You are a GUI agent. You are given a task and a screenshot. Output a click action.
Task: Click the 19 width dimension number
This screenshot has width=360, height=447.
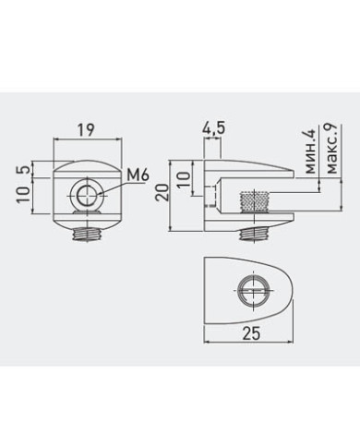(85, 130)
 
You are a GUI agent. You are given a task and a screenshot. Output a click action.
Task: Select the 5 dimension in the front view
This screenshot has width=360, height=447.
(25, 169)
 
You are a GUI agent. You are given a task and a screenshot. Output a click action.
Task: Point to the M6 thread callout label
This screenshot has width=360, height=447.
(138, 175)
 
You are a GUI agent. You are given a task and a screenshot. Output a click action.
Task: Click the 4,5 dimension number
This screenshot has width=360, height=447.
(213, 128)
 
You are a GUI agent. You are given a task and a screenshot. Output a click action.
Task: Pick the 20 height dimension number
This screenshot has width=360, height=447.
(162, 192)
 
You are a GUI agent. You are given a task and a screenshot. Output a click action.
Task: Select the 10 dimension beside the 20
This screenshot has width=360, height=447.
(185, 179)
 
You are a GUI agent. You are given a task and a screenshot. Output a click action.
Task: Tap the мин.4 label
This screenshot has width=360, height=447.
(309, 151)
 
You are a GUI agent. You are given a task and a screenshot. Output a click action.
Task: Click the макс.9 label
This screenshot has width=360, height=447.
(332, 149)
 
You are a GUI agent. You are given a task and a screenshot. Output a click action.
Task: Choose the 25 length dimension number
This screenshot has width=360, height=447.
(251, 333)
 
